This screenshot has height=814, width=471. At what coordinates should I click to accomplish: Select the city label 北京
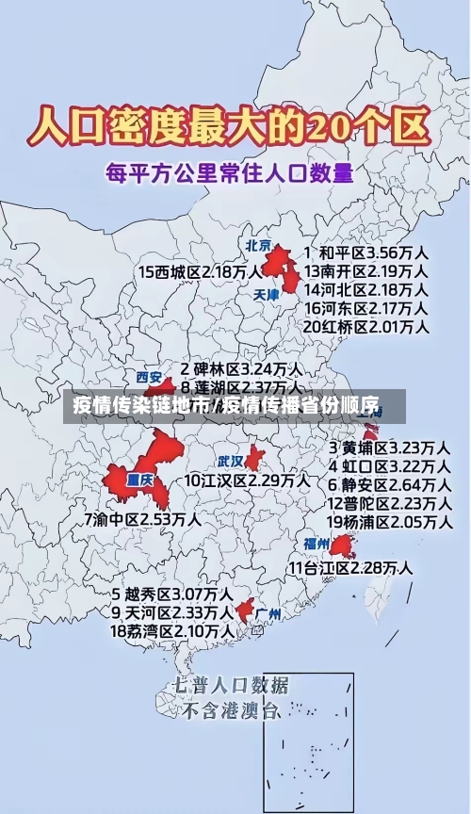click(257, 245)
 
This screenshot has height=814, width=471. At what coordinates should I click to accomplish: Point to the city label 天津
click(267, 294)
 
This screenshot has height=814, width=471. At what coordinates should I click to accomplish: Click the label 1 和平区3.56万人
click(365, 253)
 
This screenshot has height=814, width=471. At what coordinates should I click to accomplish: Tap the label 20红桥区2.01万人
click(365, 326)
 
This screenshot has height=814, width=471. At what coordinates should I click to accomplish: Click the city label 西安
click(149, 376)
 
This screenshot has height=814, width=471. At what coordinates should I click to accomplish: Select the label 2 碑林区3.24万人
click(241, 368)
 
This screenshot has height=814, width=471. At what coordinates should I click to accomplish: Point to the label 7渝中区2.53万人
click(141, 518)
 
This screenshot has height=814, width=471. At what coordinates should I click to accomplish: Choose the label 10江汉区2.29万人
click(246, 480)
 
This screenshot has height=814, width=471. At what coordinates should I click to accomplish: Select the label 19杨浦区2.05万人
click(388, 521)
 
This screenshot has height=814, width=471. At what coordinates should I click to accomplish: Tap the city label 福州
click(316, 544)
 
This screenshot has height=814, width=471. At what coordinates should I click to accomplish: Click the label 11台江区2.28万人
click(349, 567)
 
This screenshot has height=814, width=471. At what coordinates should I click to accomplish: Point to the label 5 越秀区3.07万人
click(172, 594)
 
